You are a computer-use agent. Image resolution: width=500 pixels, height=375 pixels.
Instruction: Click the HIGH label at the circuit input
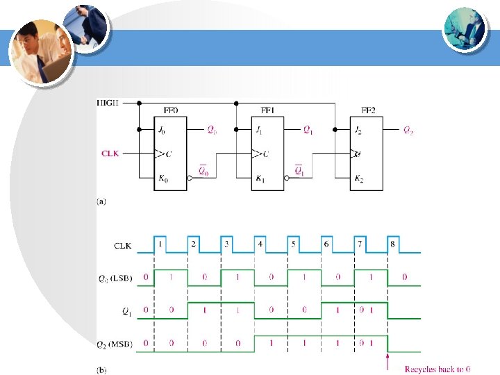coord(109,103)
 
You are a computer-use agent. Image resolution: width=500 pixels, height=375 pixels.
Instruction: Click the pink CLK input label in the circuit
coord(110,153)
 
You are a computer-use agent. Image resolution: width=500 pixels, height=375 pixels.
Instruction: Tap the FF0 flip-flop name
coord(170,110)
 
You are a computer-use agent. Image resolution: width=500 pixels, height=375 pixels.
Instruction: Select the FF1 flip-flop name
coord(268,110)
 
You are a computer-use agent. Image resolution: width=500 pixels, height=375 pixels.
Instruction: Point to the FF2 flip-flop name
coord(369,110)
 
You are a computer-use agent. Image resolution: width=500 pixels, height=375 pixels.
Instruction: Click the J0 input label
coord(162,130)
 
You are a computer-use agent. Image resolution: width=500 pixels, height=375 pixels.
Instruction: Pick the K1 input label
coord(260,178)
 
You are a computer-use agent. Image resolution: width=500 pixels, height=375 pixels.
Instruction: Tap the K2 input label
coord(358,178)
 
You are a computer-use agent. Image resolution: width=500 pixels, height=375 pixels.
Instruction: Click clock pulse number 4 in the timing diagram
coord(260,244)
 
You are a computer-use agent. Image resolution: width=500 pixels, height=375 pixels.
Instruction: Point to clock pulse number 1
coord(160,244)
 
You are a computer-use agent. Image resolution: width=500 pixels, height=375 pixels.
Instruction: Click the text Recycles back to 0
coord(437,369)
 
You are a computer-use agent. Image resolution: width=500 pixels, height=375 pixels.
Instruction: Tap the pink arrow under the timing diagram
coord(387,361)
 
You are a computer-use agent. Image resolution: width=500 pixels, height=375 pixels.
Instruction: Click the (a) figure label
coord(101,202)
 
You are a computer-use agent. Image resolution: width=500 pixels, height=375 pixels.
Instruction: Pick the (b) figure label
coord(101,370)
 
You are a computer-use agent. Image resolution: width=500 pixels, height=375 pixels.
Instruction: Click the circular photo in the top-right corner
coord(464,28)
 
